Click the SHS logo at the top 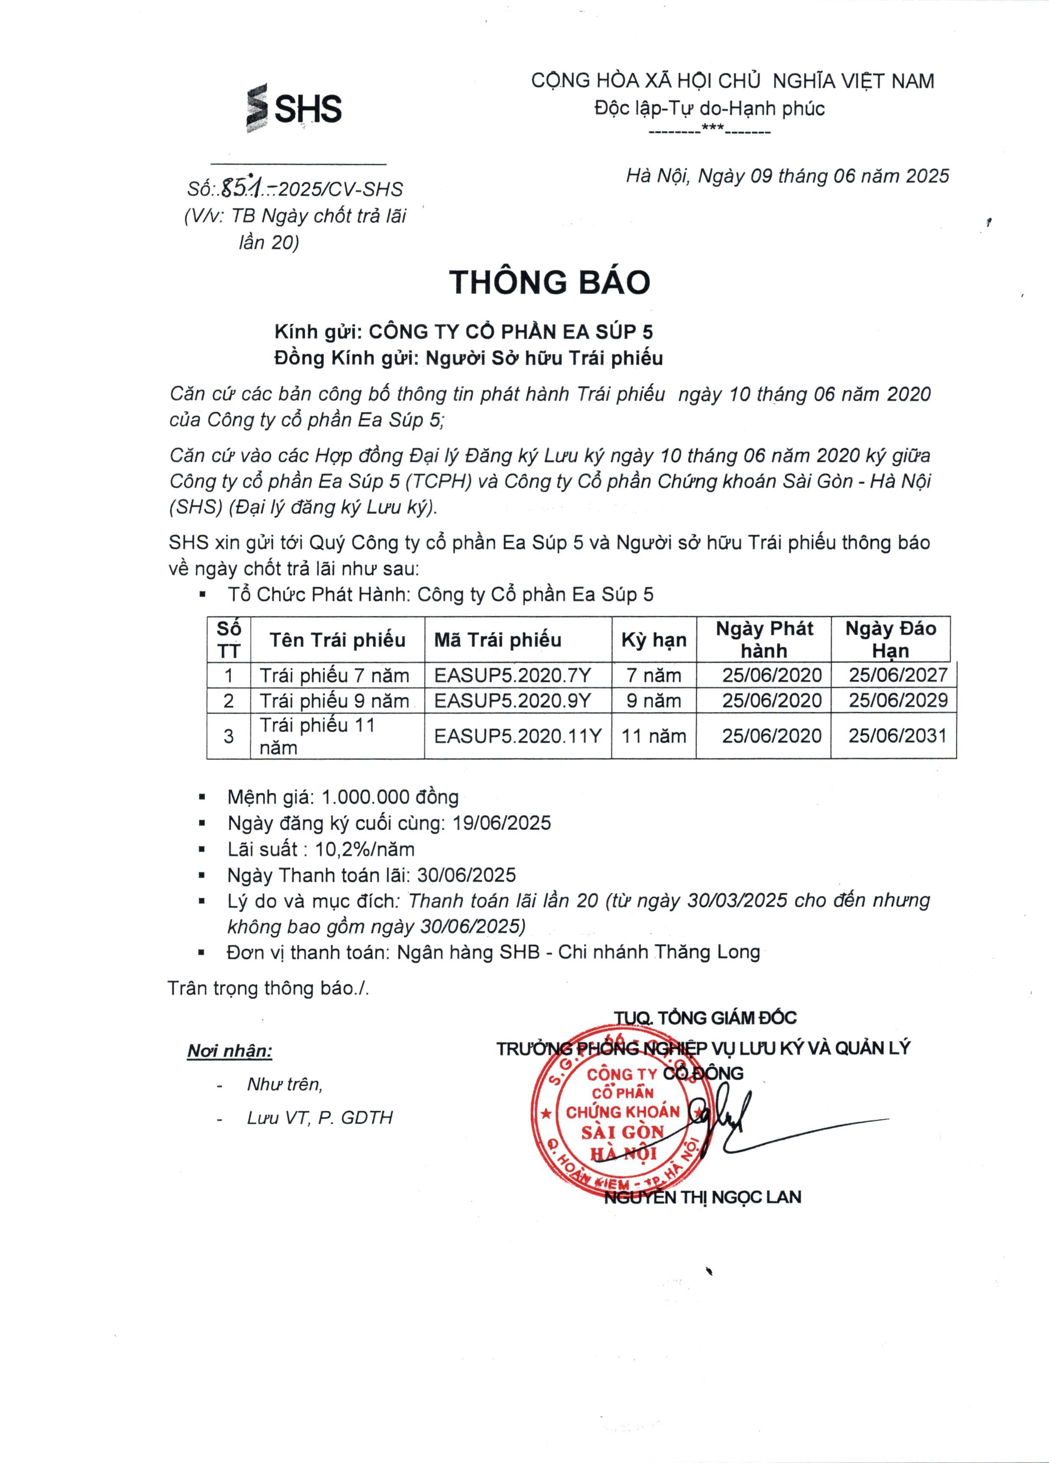click(x=294, y=108)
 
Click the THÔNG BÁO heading click(x=549, y=282)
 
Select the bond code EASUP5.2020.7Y click(x=512, y=675)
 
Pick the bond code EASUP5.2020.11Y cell click(x=517, y=736)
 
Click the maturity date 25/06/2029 click(x=897, y=701)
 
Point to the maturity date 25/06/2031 click(x=897, y=736)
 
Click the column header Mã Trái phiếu click(x=497, y=640)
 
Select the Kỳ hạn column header click(x=654, y=640)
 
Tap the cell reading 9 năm click(x=654, y=701)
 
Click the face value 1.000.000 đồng click(x=389, y=797)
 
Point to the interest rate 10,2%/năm click(x=364, y=850)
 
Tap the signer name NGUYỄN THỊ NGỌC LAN click(x=703, y=1198)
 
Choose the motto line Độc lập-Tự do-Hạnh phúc click(x=709, y=108)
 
